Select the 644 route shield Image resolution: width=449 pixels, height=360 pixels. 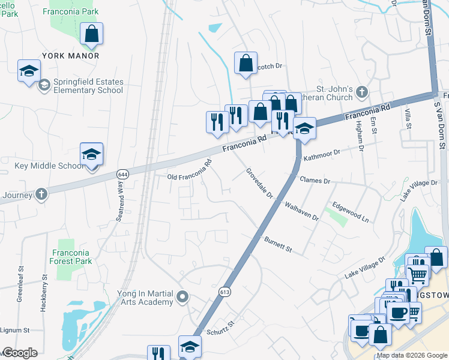[122, 174]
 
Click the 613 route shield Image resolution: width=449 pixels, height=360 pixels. [224, 291]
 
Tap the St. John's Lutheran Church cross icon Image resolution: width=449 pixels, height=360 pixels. [361, 92]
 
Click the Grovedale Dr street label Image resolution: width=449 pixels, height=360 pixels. [259, 183]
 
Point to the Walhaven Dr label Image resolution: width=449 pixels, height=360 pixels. [301, 211]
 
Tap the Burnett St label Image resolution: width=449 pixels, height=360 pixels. [277, 244]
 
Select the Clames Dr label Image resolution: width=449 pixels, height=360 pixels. [314, 181]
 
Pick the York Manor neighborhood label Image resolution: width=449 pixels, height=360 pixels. [70, 56]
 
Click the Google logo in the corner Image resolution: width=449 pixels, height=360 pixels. [19, 353]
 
